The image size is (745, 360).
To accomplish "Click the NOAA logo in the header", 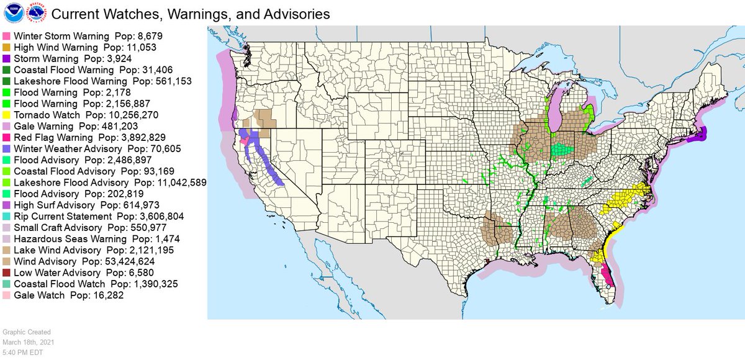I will pos(12,13).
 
